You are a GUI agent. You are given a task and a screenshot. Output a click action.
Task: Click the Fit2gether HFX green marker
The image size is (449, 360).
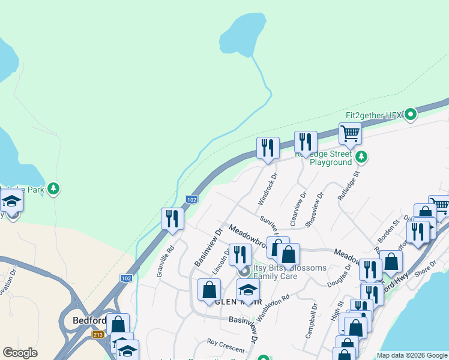tap(411, 114)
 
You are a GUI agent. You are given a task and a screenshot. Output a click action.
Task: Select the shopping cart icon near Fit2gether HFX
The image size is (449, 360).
tap(350, 133)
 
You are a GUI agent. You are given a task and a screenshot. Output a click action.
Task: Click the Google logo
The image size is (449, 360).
tap(20, 353)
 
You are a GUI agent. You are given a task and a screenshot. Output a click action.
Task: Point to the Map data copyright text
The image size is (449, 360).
tap(411, 355)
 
